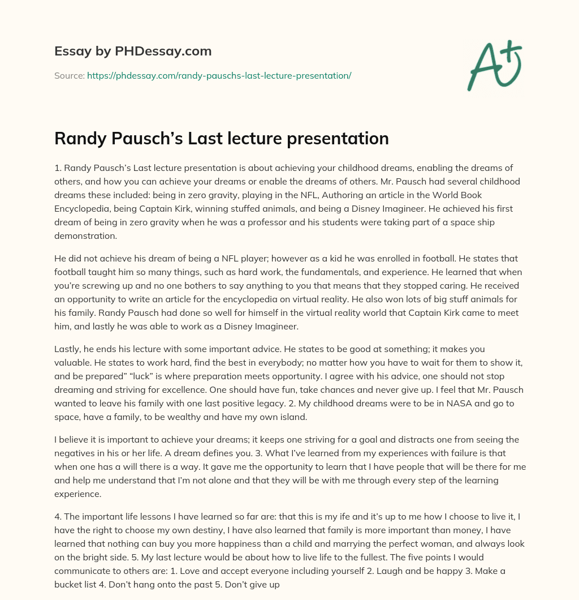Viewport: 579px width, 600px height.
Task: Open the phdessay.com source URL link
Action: coord(219,75)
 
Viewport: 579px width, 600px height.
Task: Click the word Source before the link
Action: coord(69,75)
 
